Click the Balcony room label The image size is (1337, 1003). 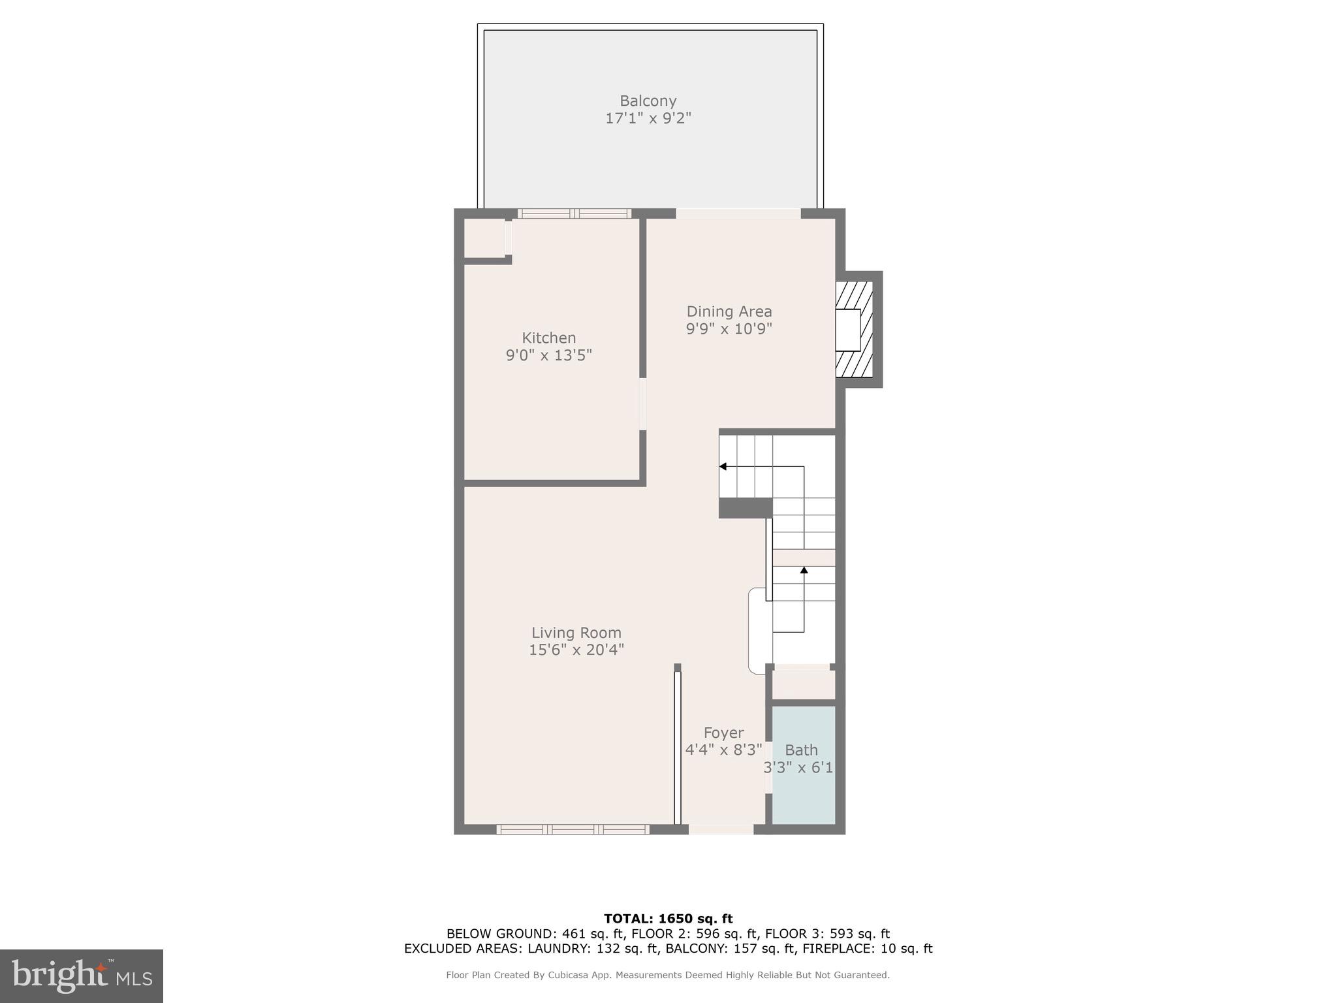click(x=648, y=101)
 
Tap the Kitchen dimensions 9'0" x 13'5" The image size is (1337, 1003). click(x=548, y=355)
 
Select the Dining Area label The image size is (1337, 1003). click(x=729, y=311)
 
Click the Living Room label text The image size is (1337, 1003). click(x=576, y=632)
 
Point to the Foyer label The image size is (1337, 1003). click(x=723, y=733)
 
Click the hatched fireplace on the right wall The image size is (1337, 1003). click(x=854, y=330)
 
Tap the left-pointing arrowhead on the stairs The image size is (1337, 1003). click(x=723, y=466)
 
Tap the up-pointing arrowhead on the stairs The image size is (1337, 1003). click(x=804, y=570)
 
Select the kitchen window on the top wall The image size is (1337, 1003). click(x=574, y=214)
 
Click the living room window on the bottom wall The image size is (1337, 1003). click(x=573, y=829)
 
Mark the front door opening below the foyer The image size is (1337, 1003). click(x=721, y=829)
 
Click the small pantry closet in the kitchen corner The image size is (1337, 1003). click(x=484, y=238)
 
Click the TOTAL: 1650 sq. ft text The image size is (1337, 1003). click(x=668, y=919)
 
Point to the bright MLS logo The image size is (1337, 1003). click(x=82, y=976)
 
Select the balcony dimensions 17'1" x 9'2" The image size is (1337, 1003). click(x=648, y=118)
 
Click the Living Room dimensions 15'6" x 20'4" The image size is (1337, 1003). click(x=576, y=650)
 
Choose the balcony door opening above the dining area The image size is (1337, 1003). click(x=738, y=214)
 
